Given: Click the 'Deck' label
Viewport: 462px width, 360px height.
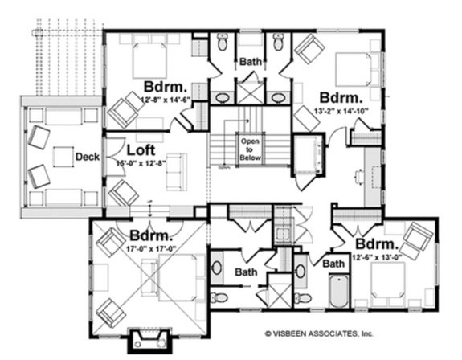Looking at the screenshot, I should click(x=86, y=157).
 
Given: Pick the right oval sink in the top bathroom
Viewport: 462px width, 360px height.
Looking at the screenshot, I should click(x=278, y=98).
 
